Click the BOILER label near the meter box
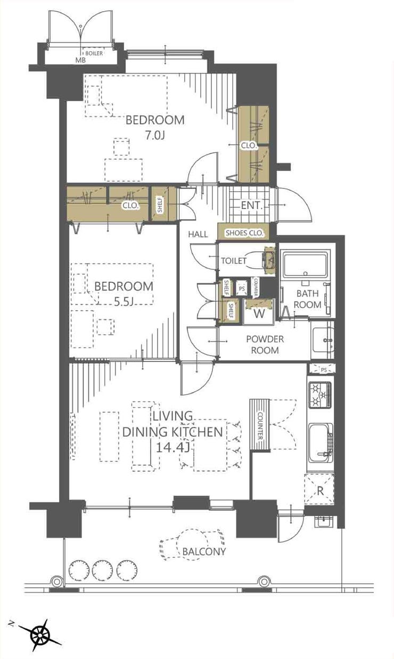click(x=94, y=53)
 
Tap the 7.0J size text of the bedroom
click(x=155, y=135)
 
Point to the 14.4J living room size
click(x=172, y=448)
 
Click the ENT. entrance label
click(x=252, y=205)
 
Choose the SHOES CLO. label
click(x=244, y=233)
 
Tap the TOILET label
click(x=234, y=261)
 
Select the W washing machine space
click(x=259, y=314)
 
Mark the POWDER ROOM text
click(x=265, y=344)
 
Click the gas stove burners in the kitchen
click(x=319, y=395)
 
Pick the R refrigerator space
click(x=319, y=491)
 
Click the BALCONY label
click(x=204, y=551)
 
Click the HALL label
click(x=198, y=234)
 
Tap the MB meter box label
click(x=80, y=60)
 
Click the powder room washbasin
click(x=323, y=340)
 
